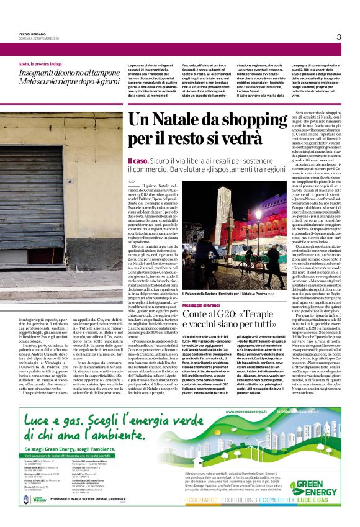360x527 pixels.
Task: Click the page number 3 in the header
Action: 339,37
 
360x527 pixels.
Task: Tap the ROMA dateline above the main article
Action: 131,181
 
